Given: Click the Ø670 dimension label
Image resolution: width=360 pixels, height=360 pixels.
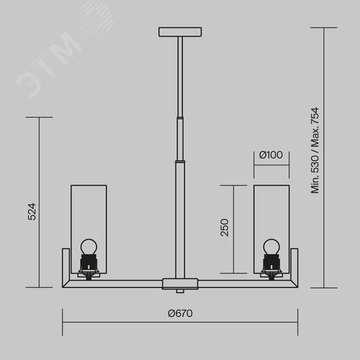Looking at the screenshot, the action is [180, 313].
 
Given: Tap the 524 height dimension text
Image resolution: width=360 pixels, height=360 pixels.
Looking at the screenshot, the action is [32, 212].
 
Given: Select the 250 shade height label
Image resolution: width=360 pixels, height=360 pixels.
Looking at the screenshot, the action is [225, 228].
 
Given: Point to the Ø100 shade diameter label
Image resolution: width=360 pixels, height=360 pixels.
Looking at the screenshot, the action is [271, 155].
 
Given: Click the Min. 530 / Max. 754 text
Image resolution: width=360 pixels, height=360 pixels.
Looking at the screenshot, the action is [315, 150].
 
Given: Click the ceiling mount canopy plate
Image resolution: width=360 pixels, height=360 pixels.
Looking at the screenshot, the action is [180, 32].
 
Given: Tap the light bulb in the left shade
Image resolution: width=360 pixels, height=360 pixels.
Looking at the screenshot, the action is [89, 247].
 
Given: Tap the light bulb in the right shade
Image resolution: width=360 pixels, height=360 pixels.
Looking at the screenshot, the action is [271, 247].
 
